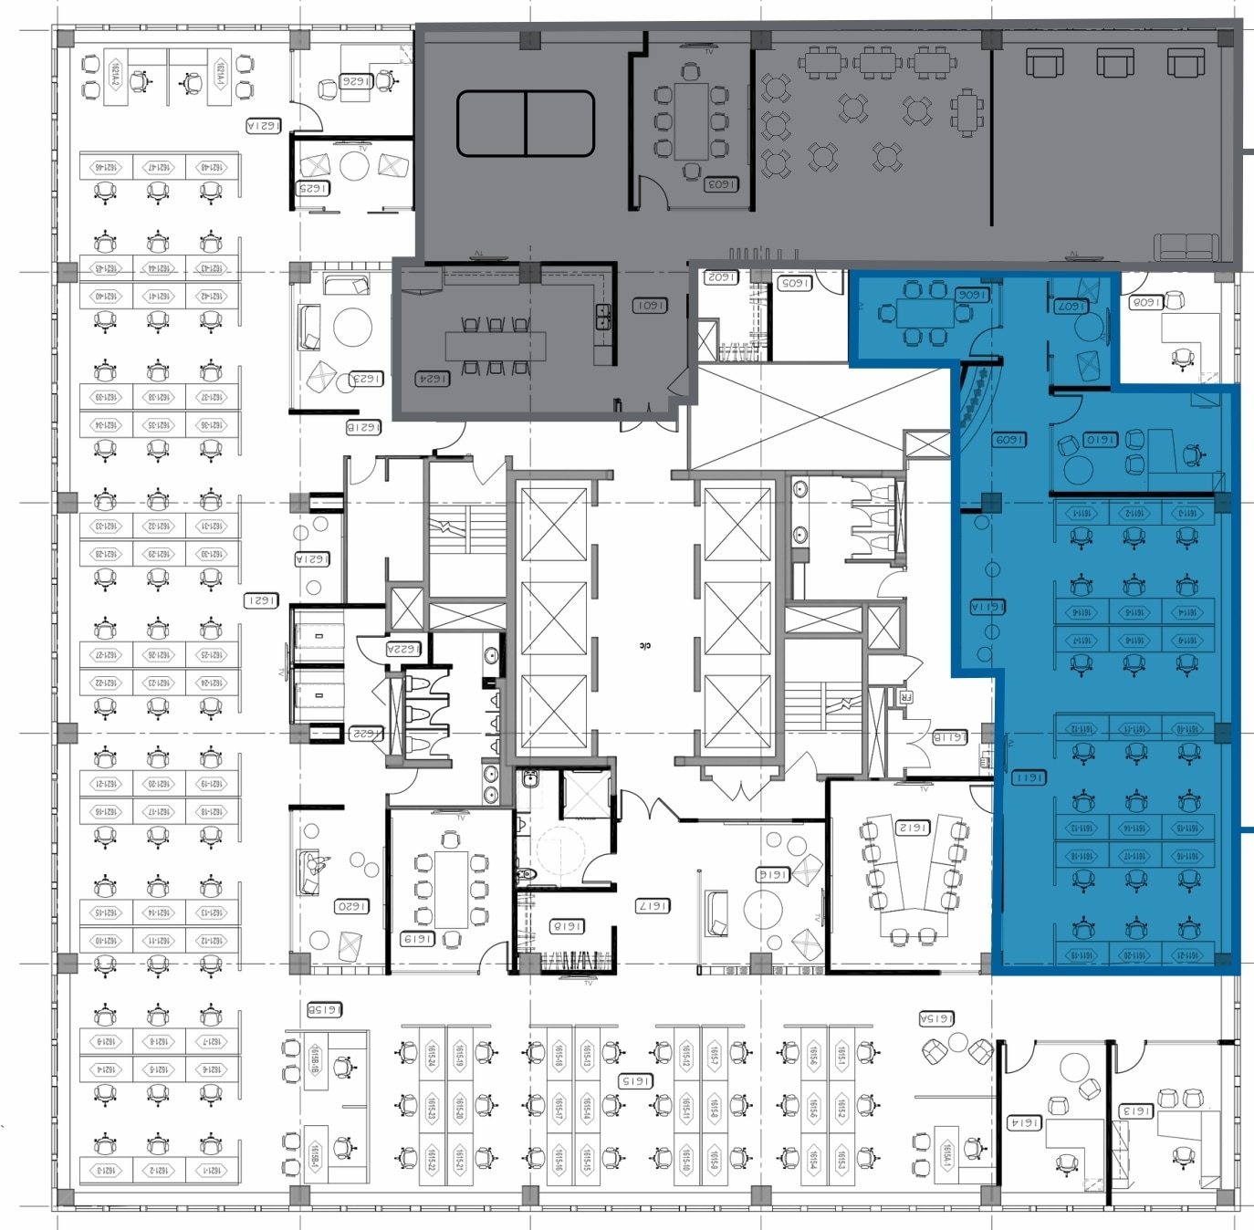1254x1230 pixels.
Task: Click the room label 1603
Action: (721, 184)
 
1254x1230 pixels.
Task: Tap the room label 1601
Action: (650, 305)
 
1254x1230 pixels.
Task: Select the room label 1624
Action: (433, 378)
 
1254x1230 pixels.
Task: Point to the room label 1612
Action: (913, 828)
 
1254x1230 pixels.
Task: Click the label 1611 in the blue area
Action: (1029, 777)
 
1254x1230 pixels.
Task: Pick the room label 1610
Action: (1101, 440)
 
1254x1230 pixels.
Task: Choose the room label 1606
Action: (972, 295)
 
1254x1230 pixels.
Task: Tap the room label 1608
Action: (1145, 302)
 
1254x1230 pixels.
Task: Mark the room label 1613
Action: (1136, 1111)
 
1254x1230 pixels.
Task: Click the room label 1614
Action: (1024, 1123)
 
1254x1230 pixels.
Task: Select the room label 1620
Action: (352, 906)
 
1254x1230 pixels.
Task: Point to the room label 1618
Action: (567, 926)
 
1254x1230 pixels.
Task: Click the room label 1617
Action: (653, 906)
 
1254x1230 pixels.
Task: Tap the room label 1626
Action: (356, 81)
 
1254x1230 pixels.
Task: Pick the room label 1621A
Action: (263, 126)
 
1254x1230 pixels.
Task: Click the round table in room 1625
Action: (353, 166)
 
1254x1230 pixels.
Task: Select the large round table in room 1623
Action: (352, 327)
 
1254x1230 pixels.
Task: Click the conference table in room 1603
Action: (691, 120)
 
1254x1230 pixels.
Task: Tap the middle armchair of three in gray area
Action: (1114, 63)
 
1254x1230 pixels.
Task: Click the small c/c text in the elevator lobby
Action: (645, 645)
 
